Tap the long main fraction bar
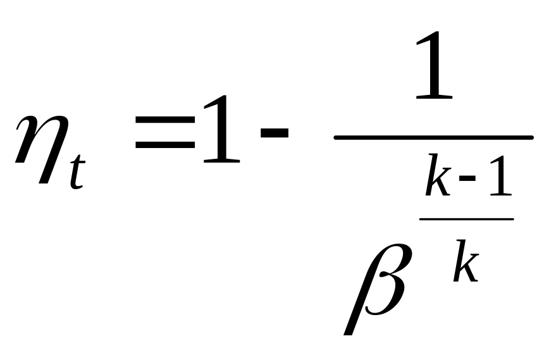(x=433, y=137)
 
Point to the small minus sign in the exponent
(x=468, y=182)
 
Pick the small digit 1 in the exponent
(x=497, y=179)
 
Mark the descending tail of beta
(x=352, y=316)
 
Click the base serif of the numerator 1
(x=435, y=96)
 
